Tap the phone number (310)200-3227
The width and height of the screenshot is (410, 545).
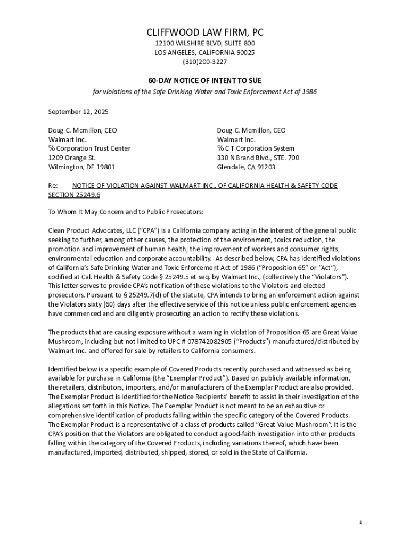205,62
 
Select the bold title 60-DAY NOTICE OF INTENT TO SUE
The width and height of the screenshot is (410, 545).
205,80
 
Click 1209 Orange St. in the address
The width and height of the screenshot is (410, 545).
72,158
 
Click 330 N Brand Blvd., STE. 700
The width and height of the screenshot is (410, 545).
258,158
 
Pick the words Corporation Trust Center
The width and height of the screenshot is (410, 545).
93,148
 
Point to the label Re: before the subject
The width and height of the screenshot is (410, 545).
53,186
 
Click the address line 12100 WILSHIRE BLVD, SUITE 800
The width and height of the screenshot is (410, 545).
205,43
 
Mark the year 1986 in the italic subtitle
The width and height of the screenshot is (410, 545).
309,92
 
